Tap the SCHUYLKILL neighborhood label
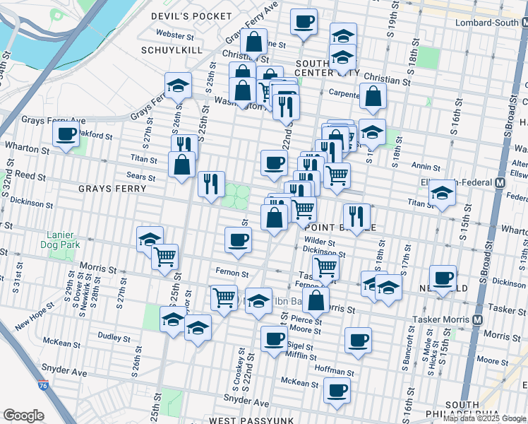172,50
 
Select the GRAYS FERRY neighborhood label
112,189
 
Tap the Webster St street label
175,35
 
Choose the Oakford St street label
95,134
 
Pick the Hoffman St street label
334,372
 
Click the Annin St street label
425,167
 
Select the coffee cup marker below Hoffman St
337,389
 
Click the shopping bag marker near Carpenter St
373,95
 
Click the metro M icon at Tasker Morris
478,319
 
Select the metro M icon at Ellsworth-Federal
500,182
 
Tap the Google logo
23,416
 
